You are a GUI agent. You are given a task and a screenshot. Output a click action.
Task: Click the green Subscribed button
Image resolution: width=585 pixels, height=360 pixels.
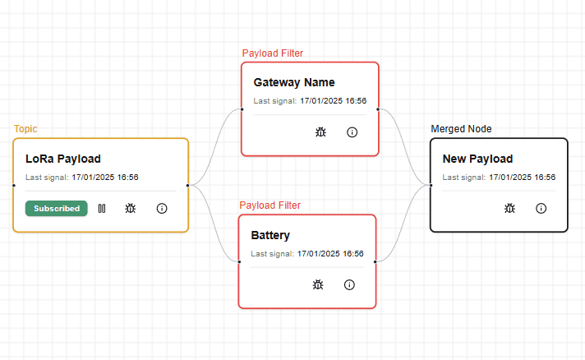pos(57,209)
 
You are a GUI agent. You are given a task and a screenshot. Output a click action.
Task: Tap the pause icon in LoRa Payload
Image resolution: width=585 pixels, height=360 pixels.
pos(102,209)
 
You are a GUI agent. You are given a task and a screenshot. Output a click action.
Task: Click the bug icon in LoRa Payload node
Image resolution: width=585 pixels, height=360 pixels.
pos(130,208)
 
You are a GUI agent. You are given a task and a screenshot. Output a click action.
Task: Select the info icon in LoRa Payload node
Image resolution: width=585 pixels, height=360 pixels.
pos(162,209)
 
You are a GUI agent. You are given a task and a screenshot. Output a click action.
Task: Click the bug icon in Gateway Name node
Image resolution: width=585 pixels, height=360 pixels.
pos(320,132)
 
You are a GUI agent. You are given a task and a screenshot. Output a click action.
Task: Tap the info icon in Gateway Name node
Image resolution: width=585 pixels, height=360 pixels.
pos(352,132)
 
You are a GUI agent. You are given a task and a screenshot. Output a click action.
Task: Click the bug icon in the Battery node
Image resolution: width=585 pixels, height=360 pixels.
pos(318,284)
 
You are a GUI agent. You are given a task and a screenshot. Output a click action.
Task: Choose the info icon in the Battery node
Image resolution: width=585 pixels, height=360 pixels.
pos(349,285)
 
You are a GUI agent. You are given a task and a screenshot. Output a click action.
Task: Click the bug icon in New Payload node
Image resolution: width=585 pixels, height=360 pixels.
pos(509,208)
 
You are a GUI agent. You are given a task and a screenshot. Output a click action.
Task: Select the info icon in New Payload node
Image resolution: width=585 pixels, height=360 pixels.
pos(541,209)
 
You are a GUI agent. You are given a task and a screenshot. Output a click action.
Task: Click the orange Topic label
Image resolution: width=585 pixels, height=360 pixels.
pos(25,129)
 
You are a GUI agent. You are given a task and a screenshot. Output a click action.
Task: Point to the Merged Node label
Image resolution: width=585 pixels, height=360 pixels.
pos(461,129)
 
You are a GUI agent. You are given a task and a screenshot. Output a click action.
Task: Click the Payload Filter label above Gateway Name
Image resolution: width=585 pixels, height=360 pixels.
pos(273,53)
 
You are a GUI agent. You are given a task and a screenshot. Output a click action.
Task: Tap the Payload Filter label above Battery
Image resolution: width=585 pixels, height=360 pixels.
pos(270,205)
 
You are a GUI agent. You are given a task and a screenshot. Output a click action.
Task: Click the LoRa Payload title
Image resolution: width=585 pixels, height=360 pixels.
pos(63,159)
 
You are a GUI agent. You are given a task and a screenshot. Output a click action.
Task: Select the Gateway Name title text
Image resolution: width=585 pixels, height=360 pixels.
pos(294,82)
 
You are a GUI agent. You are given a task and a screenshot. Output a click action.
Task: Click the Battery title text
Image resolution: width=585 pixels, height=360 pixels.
pos(270,235)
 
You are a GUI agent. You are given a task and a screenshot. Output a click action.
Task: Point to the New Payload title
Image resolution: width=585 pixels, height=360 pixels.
pos(477,159)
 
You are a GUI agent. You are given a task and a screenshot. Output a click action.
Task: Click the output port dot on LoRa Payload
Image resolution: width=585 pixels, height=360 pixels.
pos(187,186)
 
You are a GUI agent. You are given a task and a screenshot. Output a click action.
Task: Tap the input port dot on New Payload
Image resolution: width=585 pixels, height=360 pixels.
pos(431,186)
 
